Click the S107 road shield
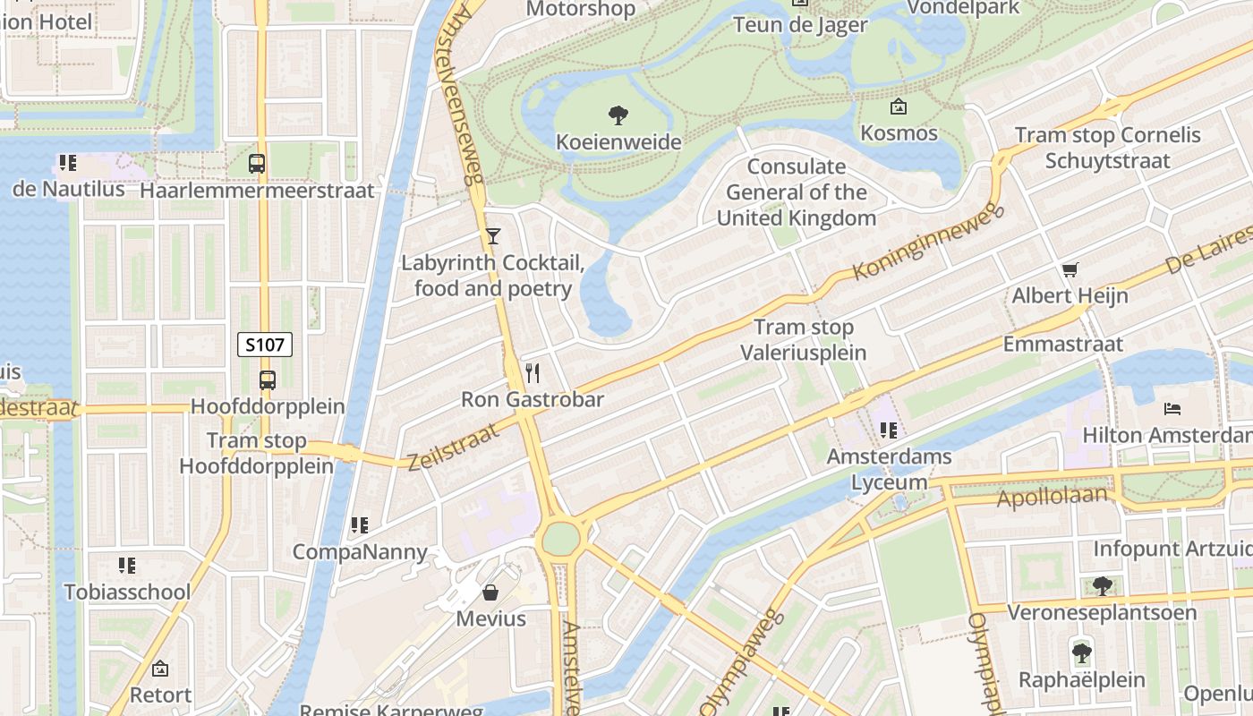(265, 345)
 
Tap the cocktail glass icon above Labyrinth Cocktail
(492, 236)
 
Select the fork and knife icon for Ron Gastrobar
(533, 372)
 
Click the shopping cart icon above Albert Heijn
(1070, 269)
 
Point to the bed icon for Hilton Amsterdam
(1172, 409)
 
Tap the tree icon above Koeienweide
(618, 115)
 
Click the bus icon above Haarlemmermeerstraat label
(257, 164)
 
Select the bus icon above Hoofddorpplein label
(267, 379)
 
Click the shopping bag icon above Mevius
(490, 592)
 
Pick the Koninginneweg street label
(930, 243)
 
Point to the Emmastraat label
(1062, 344)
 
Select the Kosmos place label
(899, 133)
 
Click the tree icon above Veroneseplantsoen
(1102, 586)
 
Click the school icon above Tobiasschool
(127, 566)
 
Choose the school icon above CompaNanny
(360, 525)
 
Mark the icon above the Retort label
(160, 669)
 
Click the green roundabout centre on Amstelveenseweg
(560, 539)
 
